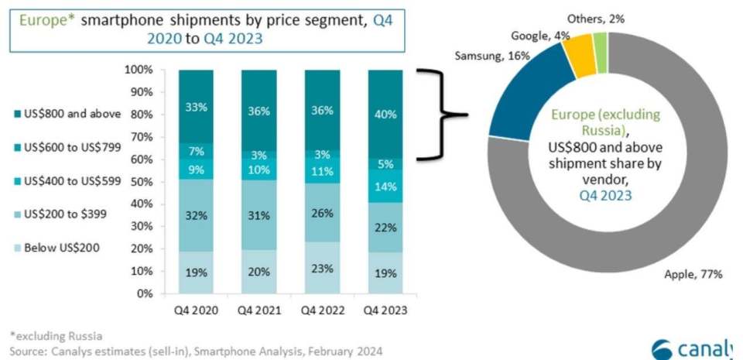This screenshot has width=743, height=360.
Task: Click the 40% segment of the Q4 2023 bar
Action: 385,114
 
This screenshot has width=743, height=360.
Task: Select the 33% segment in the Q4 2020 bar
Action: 196,107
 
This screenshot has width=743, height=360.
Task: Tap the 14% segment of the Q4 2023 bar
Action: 385,186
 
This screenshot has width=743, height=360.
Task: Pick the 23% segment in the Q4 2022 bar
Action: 322,268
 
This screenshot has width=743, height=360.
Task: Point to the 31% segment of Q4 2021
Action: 259,215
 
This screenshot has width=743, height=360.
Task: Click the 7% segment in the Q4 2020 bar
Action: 196,152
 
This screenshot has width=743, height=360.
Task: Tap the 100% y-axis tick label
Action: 139,70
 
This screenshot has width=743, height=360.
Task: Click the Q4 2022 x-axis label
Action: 322,310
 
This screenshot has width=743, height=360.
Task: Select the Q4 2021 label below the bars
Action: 259,310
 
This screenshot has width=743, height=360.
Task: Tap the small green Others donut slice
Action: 601,53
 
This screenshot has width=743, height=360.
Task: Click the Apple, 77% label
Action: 693,274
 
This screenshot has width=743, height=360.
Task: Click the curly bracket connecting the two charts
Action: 442,114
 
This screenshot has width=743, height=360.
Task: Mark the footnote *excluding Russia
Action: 56,336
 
